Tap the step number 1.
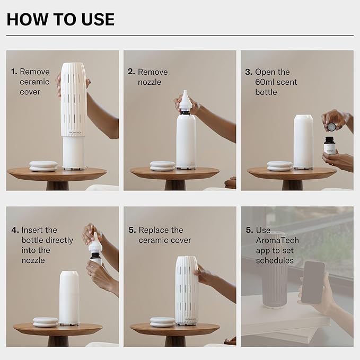point(14,72)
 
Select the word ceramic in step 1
point(34,82)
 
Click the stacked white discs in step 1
point(43,166)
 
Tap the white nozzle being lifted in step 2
point(185,100)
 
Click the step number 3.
point(248,72)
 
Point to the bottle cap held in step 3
point(331,126)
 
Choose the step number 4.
point(14,230)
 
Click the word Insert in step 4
point(32,230)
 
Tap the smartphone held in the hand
point(313,282)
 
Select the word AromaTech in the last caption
point(277,240)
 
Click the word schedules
point(274,260)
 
